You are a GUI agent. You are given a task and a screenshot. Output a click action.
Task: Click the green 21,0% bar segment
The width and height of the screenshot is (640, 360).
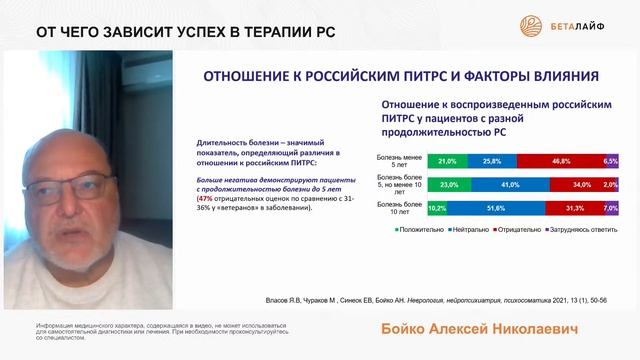448,160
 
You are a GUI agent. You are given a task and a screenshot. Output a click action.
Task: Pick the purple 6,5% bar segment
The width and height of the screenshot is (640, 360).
612,160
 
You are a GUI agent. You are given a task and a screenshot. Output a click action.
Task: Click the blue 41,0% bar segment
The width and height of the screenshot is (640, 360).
508,184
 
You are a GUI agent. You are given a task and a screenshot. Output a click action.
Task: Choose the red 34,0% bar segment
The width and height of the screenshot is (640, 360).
579,184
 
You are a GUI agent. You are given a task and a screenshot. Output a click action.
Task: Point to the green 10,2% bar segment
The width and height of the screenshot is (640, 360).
438,208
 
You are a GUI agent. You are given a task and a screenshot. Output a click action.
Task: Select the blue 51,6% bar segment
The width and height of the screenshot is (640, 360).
494,208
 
